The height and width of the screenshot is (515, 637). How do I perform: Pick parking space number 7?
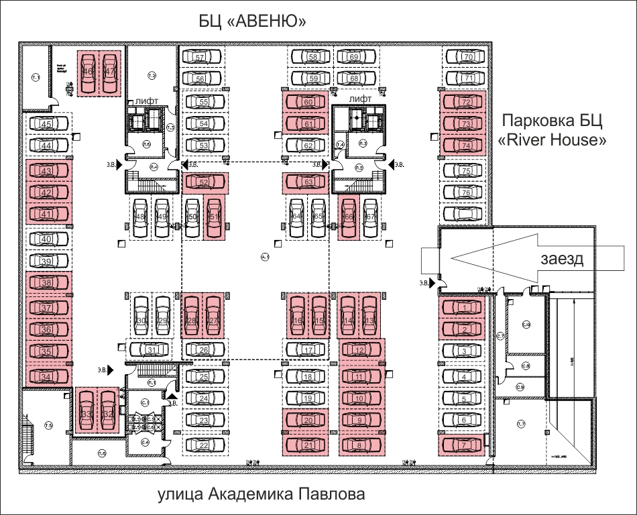coord(463,444)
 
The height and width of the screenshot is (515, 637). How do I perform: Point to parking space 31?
coord(152,350)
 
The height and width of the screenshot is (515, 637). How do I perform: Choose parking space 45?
coord(47,124)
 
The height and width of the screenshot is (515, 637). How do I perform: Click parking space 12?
coord(360,350)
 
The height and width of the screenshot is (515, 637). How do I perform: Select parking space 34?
coord(46,377)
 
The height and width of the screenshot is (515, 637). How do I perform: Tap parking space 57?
coord(200,58)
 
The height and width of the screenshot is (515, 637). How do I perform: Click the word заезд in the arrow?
coord(561,260)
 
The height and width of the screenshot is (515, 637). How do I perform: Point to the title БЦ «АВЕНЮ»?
coord(252,23)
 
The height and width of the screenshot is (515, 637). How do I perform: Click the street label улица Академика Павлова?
coord(262,496)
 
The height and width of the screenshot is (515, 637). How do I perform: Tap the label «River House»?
coord(553,141)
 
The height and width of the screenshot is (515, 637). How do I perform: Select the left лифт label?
coord(146,101)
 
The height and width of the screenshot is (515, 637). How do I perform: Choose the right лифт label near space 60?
coord(360,99)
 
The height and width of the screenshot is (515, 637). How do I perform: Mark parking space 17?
coord(308,350)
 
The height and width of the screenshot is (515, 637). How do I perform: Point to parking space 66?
coord(349,217)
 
